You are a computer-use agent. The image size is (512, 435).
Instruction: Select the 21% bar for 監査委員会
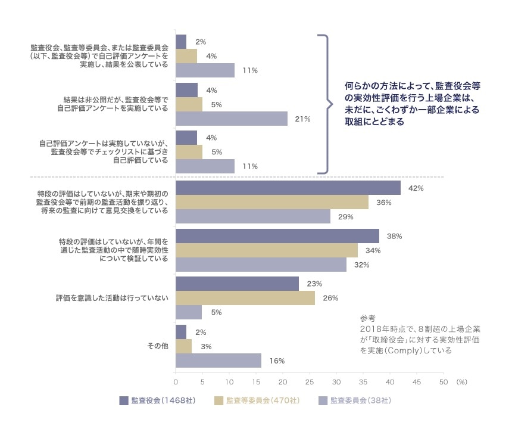coord(232,119)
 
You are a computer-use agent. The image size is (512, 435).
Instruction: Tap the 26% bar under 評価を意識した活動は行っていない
coord(245,298)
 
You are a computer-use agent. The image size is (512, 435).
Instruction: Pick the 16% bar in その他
coord(218,361)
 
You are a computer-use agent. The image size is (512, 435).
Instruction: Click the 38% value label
coord(394,236)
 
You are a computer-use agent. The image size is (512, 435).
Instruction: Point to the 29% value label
coord(346,217)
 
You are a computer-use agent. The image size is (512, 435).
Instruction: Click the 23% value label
coord(314,284)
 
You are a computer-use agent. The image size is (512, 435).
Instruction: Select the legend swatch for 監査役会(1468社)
coord(124,400)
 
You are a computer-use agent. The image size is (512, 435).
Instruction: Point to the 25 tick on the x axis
coord(310,382)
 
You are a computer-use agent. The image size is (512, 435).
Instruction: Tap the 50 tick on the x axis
coord(442,382)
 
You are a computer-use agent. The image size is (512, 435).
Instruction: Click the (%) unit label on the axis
coord(464,382)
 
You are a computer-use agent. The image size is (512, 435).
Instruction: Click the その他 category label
coord(158,346)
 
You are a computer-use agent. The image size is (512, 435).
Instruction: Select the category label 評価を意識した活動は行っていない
coord(112,298)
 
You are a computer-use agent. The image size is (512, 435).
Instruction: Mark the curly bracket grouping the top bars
coord(326,104)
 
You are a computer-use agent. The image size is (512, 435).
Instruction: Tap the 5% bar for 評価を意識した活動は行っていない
coord(189,312)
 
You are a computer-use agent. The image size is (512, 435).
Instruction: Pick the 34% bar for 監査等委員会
coord(267,250)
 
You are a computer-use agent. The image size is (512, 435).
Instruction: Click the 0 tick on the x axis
coord(176,382)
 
